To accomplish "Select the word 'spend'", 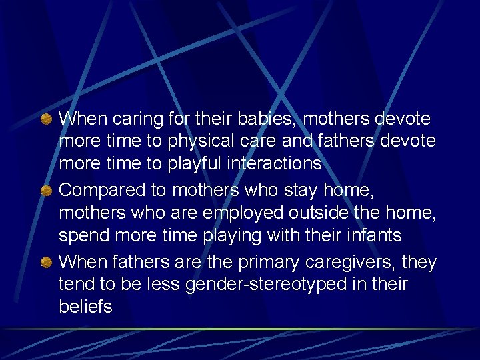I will click(x=81, y=235).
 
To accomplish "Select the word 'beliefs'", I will click(x=85, y=307).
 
